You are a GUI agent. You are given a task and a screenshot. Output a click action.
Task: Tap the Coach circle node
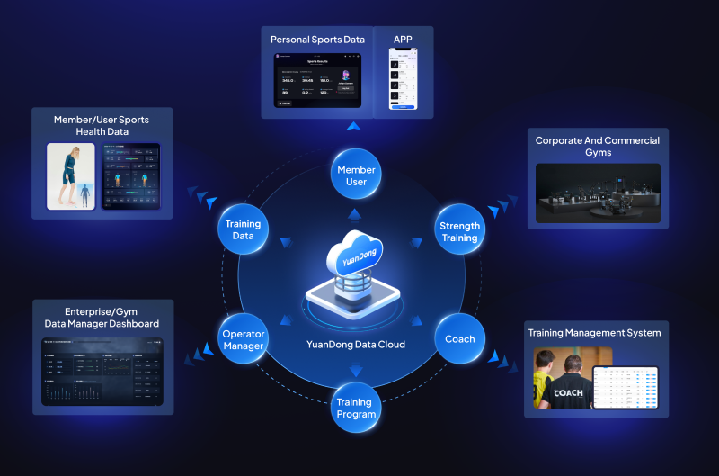tap(460, 339)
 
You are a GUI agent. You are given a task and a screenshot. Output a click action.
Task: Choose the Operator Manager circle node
tap(244, 339)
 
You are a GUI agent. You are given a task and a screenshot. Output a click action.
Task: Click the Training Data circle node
tap(243, 229)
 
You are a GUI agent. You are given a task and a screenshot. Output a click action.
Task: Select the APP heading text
tap(403, 39)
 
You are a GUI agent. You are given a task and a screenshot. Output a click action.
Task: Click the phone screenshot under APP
tap(403, 79)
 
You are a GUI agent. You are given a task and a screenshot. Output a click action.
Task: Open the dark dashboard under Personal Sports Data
tap(317, 81)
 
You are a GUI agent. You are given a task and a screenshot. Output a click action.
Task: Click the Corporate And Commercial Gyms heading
tap(598, 146)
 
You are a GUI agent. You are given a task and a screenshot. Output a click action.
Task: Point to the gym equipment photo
tap(598, 193)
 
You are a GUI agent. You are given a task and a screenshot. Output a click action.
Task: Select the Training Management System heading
tap(594, 333)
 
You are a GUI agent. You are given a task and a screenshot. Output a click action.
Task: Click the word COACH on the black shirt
tap(568, 392)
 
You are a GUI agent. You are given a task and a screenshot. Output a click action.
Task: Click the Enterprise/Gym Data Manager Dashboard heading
tap(102, 317)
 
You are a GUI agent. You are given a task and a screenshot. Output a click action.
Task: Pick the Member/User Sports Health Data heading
tap(102, 125)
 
